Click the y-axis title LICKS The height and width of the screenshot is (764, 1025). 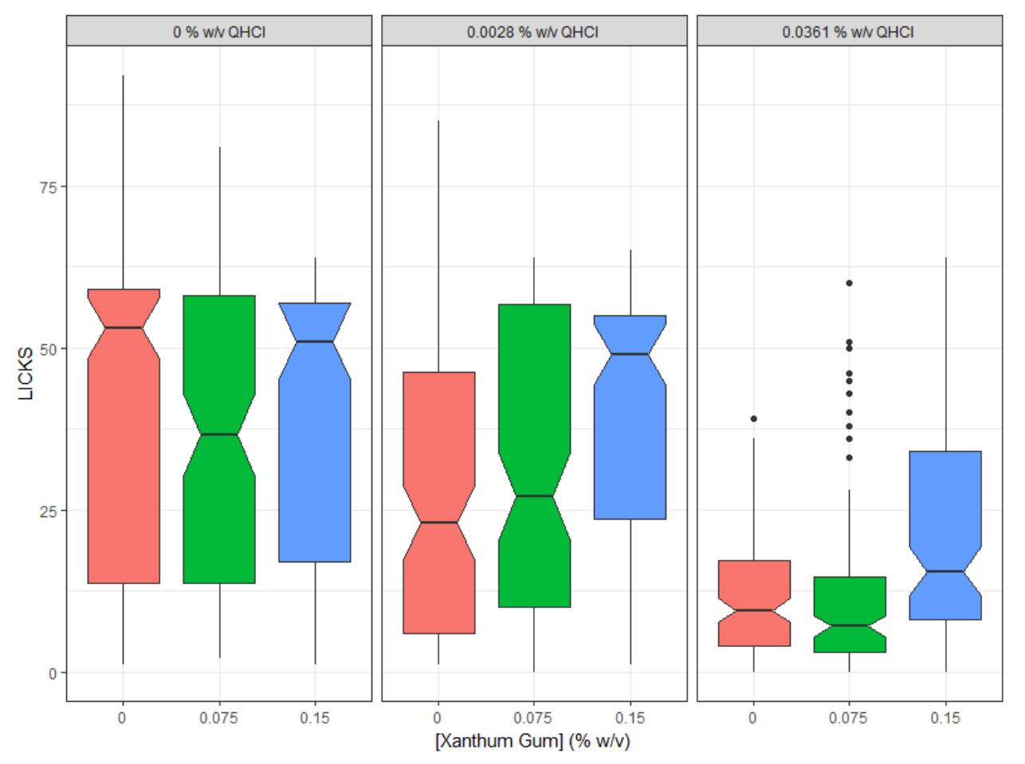[26, 374]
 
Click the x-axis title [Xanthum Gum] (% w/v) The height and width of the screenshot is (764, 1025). [532, 741]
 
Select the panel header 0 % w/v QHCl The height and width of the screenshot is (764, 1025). [219, 32]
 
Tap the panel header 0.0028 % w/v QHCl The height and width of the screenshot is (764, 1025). [532, 32]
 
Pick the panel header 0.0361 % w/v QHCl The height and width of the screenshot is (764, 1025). [848, 32]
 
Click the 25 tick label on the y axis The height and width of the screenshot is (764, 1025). [48, 511]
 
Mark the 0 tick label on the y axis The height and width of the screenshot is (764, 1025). [53, 673]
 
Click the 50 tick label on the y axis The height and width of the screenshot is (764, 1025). [48, 350]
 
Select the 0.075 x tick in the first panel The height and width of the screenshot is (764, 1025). [218, 717]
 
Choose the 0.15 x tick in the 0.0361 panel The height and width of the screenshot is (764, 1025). [945, 717]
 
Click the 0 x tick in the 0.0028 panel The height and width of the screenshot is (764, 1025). [438, 717]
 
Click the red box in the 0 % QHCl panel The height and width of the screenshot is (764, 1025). [124, 437]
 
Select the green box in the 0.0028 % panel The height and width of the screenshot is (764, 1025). [535, 456]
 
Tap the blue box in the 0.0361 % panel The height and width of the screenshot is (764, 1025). [945, 535]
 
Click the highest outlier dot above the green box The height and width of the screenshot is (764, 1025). [850, 284]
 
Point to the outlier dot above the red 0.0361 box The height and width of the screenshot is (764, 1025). [754, 419]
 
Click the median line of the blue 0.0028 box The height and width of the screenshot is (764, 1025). [630, 355]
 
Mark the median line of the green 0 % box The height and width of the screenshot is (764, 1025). [219, 434]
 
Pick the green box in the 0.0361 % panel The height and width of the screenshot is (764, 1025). [850, 615]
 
